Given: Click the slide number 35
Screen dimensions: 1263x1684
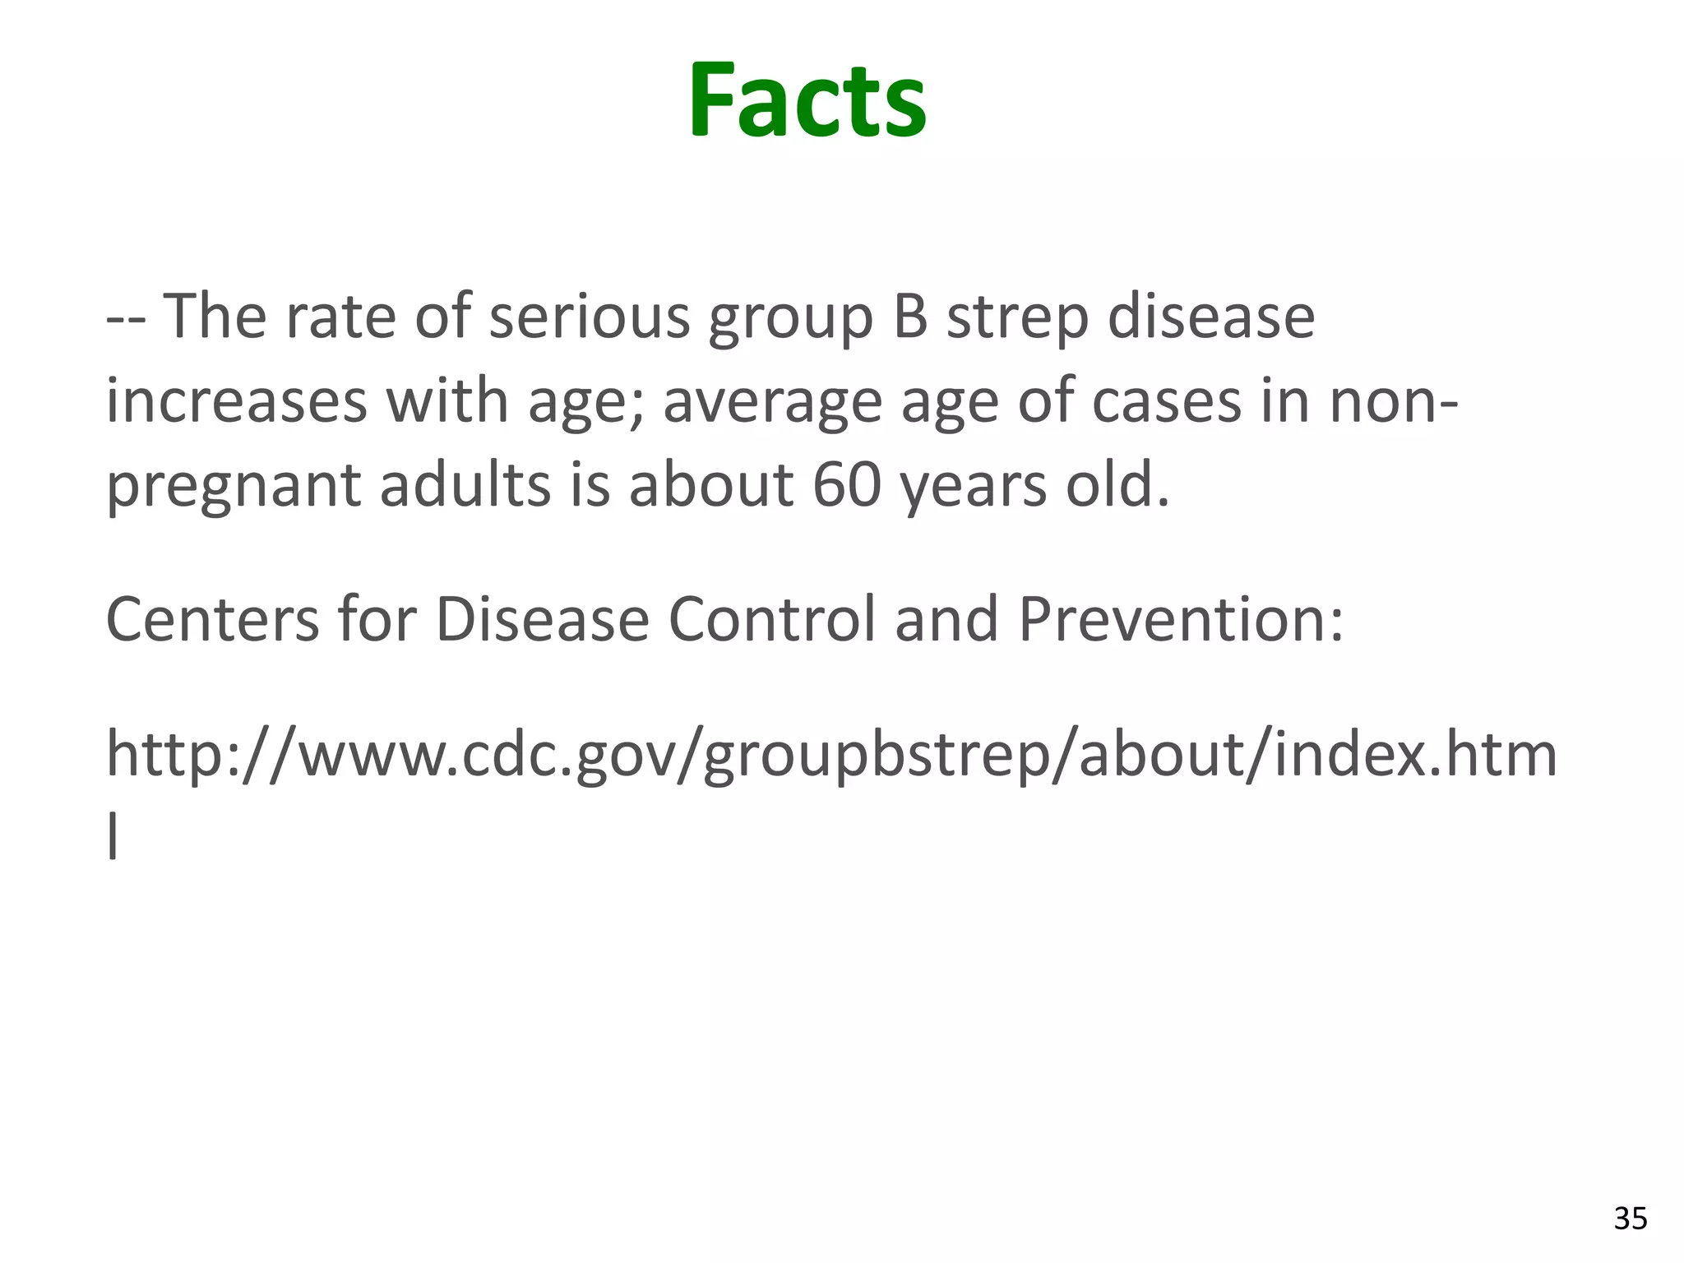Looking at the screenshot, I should (x=1631, y=1218).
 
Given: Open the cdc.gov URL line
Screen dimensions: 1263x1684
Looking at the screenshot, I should (x=831, y=755).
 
